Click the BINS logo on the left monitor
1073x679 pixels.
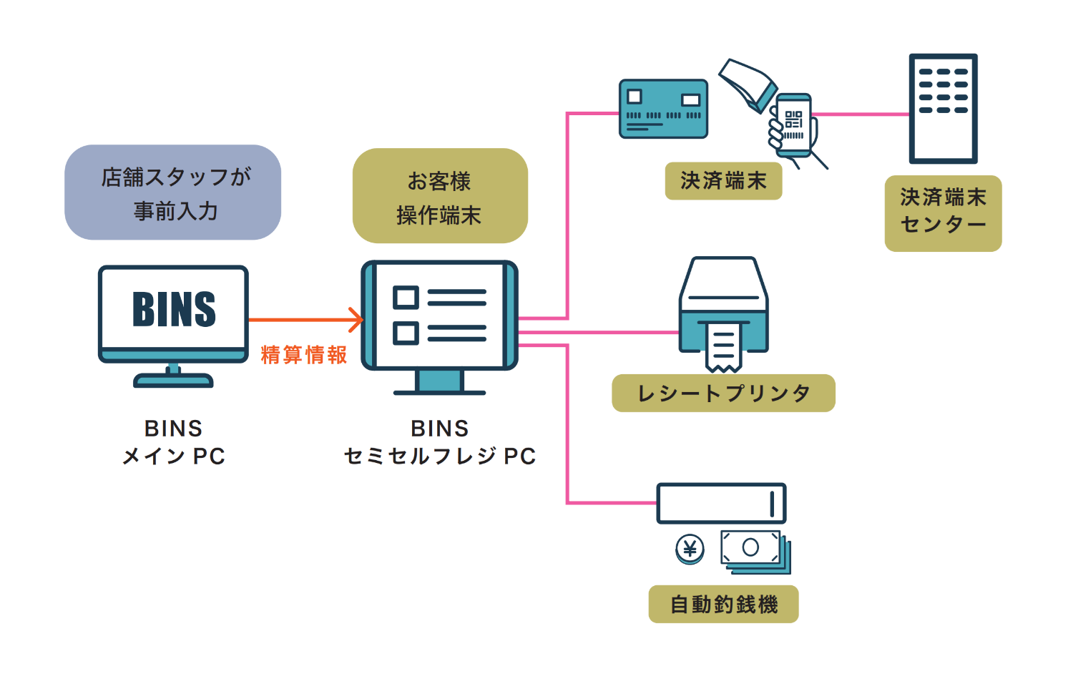(x=174, y=310)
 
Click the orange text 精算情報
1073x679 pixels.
(x=304, y=355)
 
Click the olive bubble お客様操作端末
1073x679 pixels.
(x=440, y=196)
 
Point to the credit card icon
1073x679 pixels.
(x=663, y=109)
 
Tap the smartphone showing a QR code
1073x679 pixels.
(x=793, y=126)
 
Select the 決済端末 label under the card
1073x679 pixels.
(x=723, y=181)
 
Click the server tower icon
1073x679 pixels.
(x=943, y=109)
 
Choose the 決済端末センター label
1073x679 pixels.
(x=943, y=213)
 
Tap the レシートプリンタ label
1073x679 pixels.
(x=723, y=394)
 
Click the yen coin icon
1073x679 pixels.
(x=690, y=549)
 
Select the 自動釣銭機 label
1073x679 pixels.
(x=723, y=605)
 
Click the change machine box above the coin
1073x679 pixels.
(x=721, y=504)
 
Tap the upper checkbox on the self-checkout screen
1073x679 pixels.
(x=406, y=297)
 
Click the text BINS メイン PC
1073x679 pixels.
(x=174, y=442)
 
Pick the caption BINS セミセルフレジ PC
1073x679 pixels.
(x=440, y=442)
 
